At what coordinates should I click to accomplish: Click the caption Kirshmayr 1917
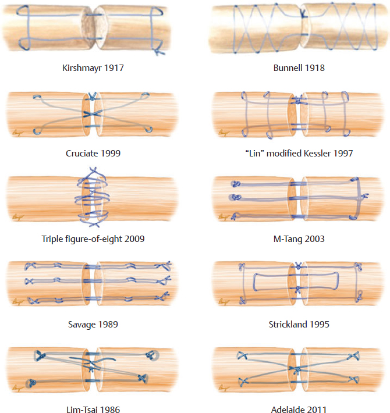click(x=93, y=67)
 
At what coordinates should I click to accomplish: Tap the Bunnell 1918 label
click(x=299, y=67)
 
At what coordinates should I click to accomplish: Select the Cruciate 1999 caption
click(x=93, y=154)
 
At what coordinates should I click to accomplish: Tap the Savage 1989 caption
click(x=93, y=323)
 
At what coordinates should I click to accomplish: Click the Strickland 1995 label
click(x=299, y=323)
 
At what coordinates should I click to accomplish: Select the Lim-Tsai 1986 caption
click(x=93, y=410)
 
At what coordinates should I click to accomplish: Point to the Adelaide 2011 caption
click(x=299, y=410)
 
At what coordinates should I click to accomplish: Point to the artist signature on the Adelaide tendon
click(x=222, y=389)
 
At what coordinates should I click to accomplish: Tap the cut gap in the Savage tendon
click(x=93, y=282)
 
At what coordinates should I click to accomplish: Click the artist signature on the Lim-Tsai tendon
click(x=17, y=389)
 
